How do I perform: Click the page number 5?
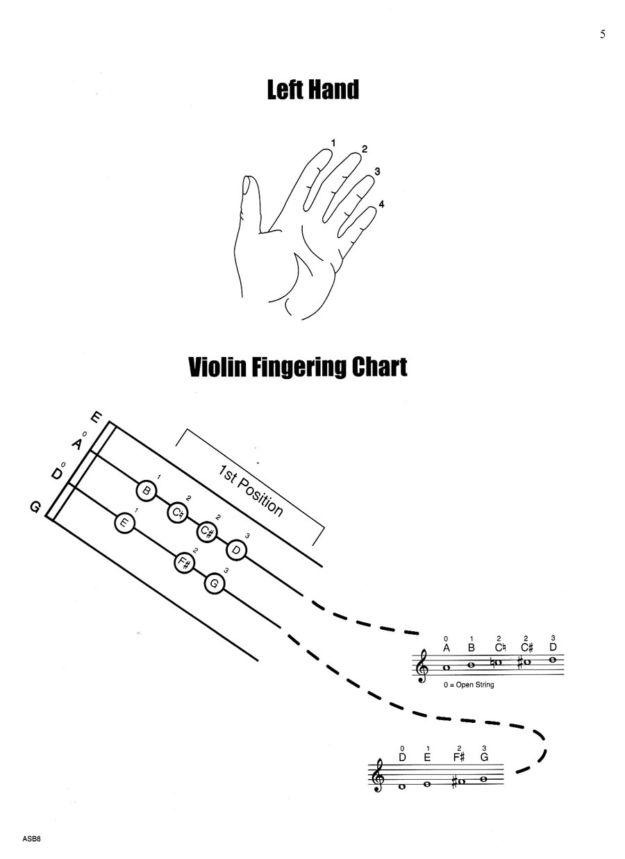pyautogui.click(x=603, y=35)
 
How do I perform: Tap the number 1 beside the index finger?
pyautogui.click(x=333, y=143)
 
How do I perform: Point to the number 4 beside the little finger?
pyautogui.click(x=381, y=204)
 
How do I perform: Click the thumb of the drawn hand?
pyautogui.click(x=245, y=194)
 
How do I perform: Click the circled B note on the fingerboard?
pyautogui.click(x=147, y=491)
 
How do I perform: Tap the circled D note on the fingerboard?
pyautogui.click(x=236, y=549)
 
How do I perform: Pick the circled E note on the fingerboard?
pyautogui.click(x=124, y=523)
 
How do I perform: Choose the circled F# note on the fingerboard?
pyautogui.click(x=184, y=563)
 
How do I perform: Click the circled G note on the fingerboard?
pyautogui.click(x=215, y=583)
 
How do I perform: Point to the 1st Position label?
pyautogui.click(x=251, y=492)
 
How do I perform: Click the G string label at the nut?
pyautogui.click(x=35, y=508)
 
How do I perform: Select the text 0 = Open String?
pyautogui.click(x=469, y=684)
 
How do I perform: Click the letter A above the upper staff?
pyautogui.click(x=447, y=648)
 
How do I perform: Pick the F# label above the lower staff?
pyautogui.click(x=458, y=757)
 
